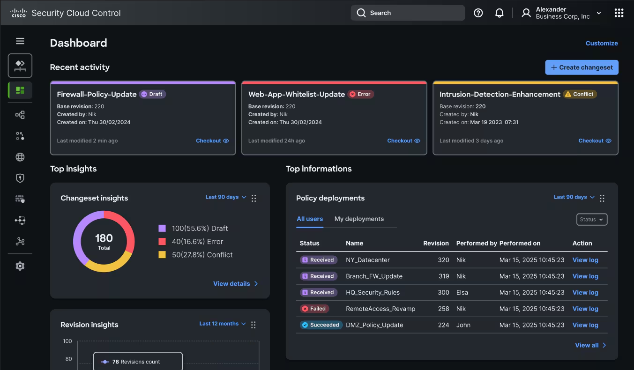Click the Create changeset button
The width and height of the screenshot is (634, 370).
582,67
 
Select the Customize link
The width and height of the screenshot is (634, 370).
602,43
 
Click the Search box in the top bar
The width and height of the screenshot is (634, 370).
408,13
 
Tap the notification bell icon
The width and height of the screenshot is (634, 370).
500,13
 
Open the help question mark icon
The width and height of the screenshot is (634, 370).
478,13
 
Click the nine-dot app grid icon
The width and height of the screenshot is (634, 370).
619,13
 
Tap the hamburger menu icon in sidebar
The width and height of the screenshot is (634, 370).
20,41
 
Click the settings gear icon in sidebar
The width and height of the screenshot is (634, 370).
20,266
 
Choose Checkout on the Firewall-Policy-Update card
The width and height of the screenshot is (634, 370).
212,141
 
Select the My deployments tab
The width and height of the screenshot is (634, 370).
359,219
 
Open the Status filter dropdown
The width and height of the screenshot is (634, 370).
591,219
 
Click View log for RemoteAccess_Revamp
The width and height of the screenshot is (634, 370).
585,309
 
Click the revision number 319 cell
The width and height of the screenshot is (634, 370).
443,276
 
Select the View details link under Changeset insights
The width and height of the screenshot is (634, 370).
235,284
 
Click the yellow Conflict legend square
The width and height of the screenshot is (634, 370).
162,255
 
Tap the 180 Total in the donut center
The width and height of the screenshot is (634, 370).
104,241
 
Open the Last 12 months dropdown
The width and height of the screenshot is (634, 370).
222,324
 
